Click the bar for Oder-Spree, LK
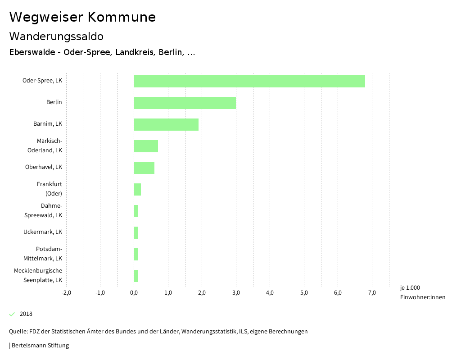pos(249,81)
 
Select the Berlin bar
pos(185,103)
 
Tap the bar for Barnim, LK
pos(166,124)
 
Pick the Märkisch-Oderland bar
pos(146,146)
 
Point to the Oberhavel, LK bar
pos(144,168)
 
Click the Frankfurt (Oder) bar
pos(137,189)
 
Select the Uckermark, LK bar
pos(136,232)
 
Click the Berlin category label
pos(54,102)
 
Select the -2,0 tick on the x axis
pos(66,293)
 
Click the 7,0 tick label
pos(372,293)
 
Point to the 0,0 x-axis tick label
pos(134,293)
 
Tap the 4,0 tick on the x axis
pos(270,293)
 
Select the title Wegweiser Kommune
pos(82,17)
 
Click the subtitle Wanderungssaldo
pos(56,36)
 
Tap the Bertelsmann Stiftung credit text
pos(40,346)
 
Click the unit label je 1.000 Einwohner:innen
pos(422,292)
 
